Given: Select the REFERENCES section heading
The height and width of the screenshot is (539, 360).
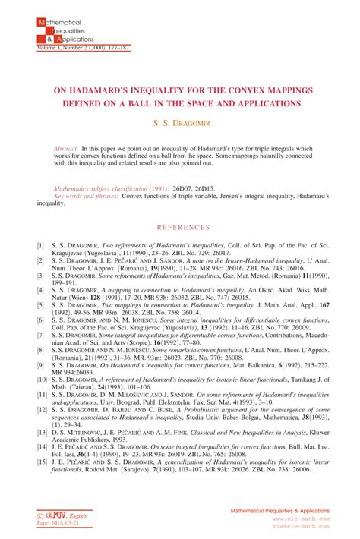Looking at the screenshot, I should [179, 227].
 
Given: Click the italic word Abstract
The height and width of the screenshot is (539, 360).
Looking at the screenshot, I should [65, 147].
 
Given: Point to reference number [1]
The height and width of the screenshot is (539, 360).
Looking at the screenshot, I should [40, 246].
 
